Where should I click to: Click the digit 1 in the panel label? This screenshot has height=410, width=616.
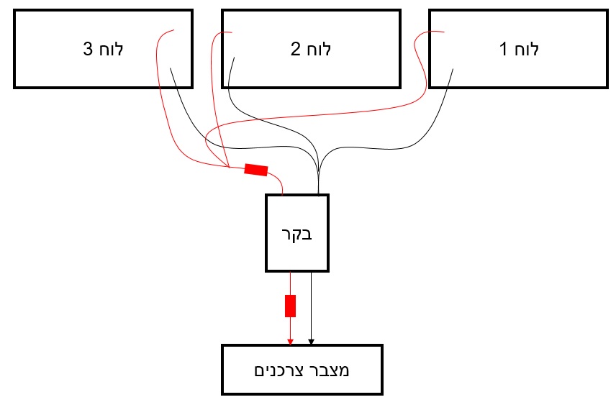click(503, 50)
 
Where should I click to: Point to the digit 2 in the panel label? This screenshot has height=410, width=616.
click(295, 50)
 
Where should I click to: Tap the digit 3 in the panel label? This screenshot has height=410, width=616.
click(88, 50)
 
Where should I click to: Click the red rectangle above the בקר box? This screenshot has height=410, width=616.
click(256, 170)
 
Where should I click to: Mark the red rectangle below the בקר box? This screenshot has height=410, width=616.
click(290, 306)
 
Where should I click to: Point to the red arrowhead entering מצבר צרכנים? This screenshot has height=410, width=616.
click(290, 341)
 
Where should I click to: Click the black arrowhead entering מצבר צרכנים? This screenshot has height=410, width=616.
click(312, 341)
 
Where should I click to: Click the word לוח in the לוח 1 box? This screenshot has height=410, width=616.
click(528, 50)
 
